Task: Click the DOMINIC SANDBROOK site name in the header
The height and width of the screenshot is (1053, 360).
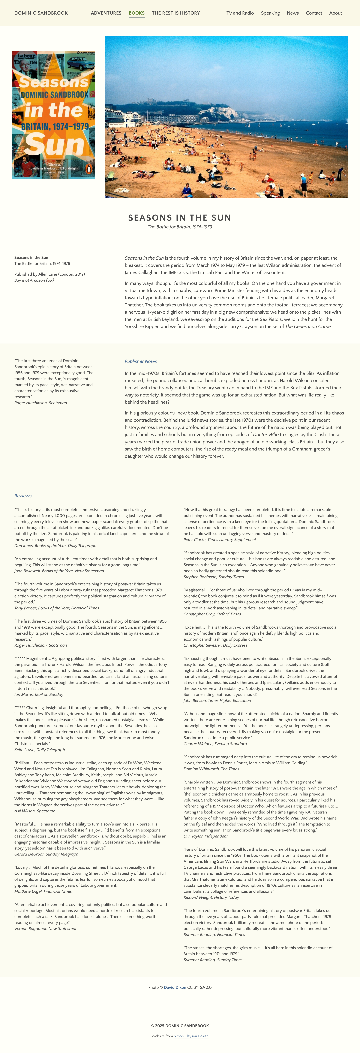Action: pos(41,13)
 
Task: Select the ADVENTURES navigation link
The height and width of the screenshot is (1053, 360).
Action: pos(106,13)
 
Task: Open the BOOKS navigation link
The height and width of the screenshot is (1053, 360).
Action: pos(136,13)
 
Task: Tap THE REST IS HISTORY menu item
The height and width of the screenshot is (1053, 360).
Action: pos(176,13)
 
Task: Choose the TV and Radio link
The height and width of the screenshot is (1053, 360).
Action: pos(240,13)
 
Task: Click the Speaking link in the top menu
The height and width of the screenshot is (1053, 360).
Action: pos(270,13)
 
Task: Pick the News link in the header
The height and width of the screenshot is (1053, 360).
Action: pos(293,13)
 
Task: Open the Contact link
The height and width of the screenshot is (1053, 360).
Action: pos(314,13)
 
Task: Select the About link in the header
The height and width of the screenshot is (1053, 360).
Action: pos(336,13)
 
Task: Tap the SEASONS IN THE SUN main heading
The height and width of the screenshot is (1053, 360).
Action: pos(180,217)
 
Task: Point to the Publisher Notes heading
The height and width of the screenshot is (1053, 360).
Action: pos(141,361)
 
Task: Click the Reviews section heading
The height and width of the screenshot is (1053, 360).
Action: pos(23,496)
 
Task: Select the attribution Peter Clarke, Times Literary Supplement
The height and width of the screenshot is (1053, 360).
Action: pos(219,540)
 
